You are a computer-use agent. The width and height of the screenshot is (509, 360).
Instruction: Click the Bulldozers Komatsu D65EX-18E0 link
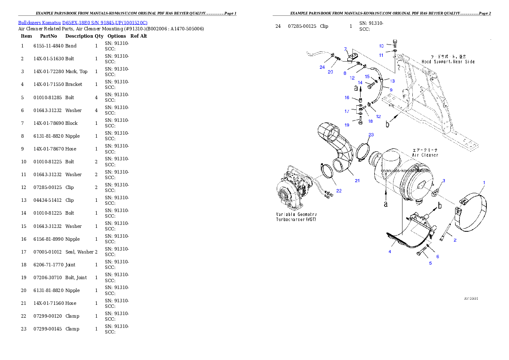click(83, 23)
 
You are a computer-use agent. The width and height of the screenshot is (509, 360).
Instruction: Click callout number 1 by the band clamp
click(484, 183)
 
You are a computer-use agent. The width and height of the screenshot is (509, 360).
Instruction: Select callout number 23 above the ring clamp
click(371, 135)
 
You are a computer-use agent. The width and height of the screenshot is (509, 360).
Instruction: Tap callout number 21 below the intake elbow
click(357, 180)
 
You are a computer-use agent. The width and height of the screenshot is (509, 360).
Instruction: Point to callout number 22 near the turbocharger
click(339, 191)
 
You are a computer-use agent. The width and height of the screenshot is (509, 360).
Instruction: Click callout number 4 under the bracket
click(390, 252)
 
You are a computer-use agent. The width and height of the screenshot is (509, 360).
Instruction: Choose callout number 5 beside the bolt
click(430, 263)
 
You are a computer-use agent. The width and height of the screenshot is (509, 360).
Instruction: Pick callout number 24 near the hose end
click(322, 67)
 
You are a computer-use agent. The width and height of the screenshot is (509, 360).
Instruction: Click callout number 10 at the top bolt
click(382, 45)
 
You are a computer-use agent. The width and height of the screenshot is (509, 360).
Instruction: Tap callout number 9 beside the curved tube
click(391, 90)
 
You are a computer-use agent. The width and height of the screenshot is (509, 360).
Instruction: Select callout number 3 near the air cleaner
click(444, 180)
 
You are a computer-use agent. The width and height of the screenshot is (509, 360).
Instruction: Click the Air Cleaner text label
click(425, 153)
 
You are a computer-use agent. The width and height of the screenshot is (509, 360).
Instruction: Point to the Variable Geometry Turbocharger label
click(296, 216)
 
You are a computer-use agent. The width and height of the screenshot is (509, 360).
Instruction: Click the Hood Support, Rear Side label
click(448, 59)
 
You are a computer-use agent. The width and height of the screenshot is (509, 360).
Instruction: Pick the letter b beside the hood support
click(388, 124)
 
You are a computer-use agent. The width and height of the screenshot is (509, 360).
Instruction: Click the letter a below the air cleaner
click(385, 204)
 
